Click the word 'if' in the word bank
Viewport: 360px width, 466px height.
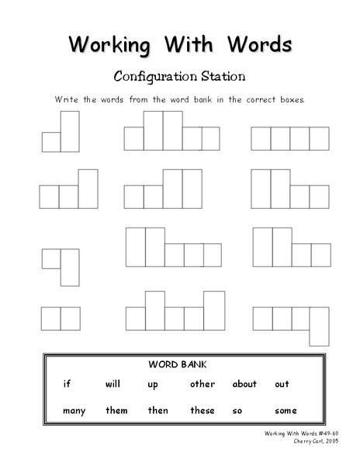[67, 384]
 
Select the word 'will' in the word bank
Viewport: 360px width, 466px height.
[113, 384]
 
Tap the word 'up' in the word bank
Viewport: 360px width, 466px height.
[152, 384]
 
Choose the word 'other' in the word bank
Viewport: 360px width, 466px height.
[202, 384]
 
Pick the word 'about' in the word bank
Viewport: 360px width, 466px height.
[244, 384]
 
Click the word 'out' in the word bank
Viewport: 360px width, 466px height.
[282, 384]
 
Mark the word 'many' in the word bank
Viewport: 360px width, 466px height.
[74, 411]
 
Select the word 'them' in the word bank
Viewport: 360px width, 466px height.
[116, 410]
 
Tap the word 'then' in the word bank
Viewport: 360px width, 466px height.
[157, 410]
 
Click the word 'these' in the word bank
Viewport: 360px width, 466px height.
[202, 410]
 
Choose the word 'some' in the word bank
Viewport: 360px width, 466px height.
[286, 410]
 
